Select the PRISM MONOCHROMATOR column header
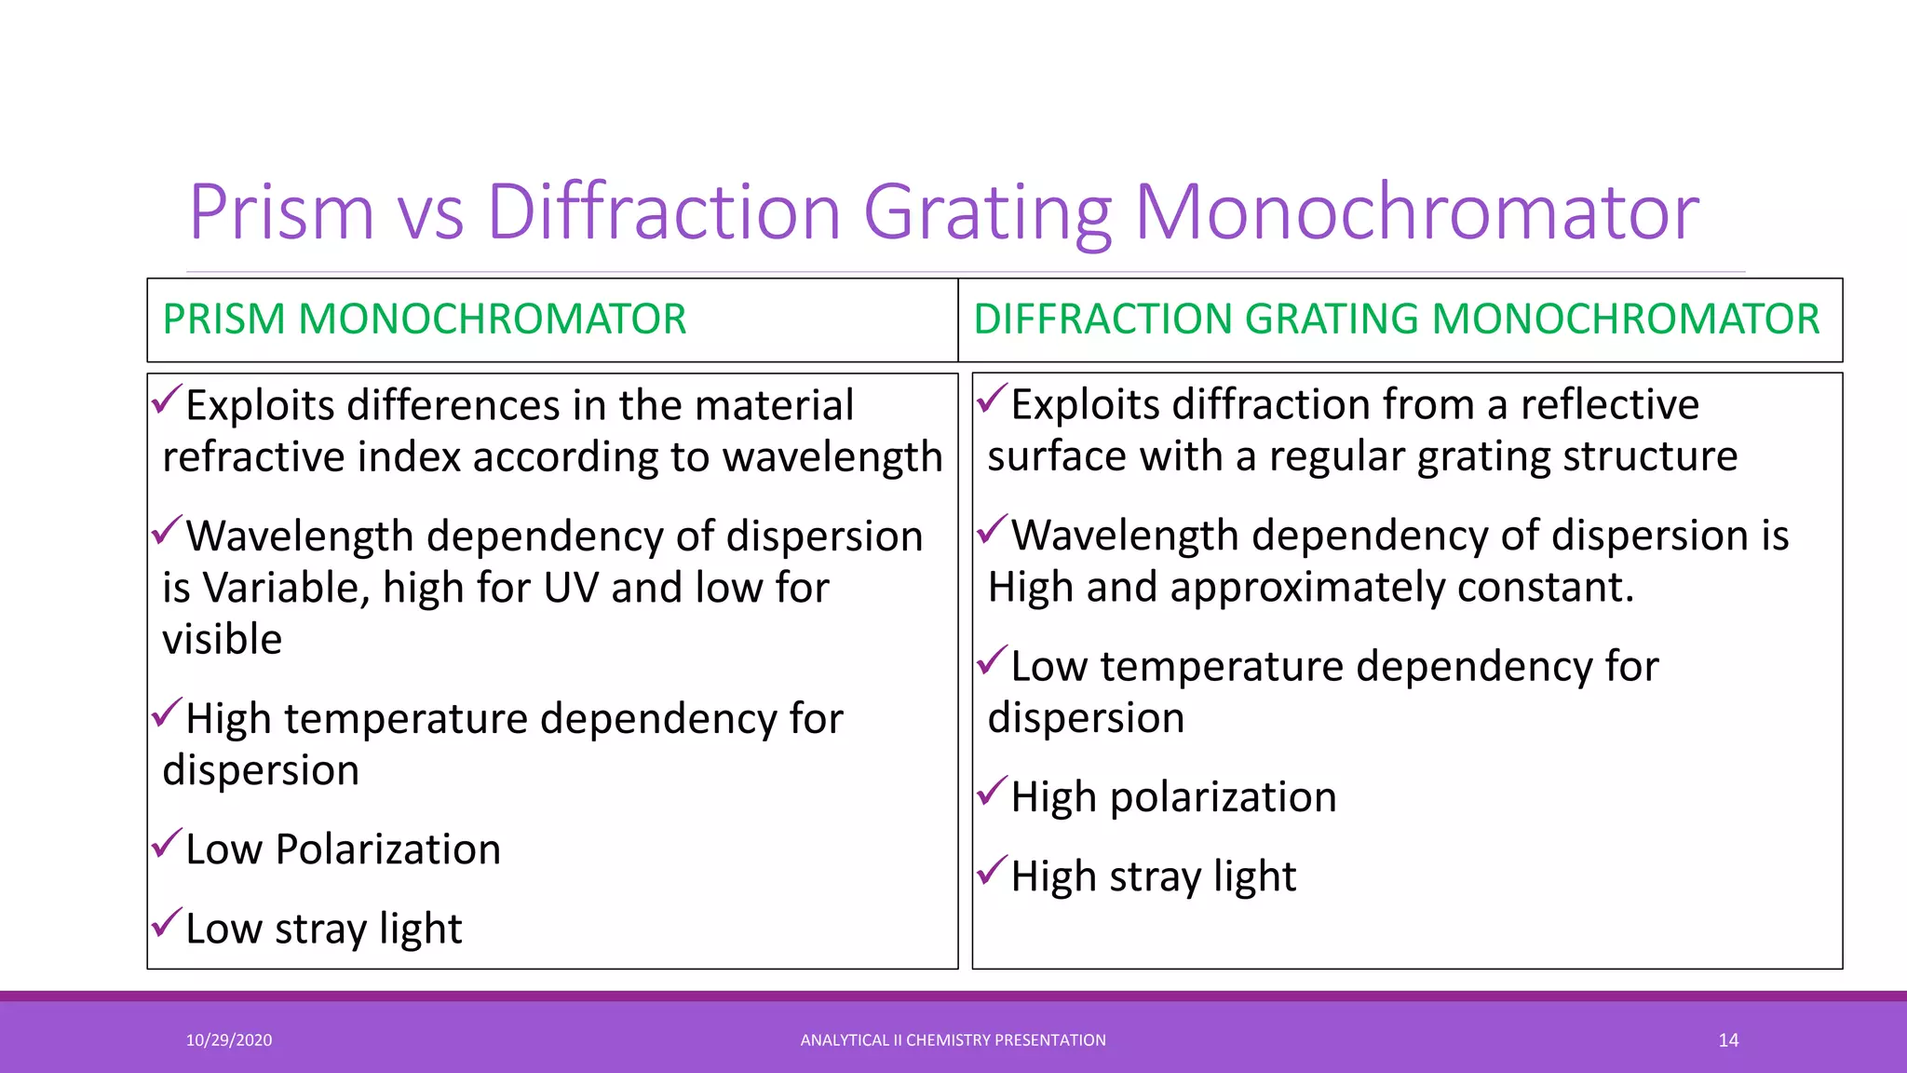425,319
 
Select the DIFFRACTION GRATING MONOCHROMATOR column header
1396,319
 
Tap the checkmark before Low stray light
166,923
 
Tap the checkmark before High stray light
992,871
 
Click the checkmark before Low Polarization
166,844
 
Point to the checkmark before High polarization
992,792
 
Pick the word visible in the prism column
222,640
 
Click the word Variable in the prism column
286,589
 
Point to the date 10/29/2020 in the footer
229,1040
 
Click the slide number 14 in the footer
1728,1040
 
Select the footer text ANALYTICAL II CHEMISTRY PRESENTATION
953,1040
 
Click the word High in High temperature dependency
228,719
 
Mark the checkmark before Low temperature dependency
992,661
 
